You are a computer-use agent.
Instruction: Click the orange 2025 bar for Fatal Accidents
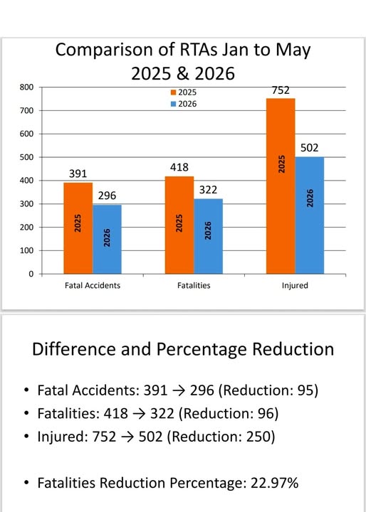click(x=78, y=228)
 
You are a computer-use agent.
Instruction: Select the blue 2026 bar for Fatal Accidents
click(x=107, y=239)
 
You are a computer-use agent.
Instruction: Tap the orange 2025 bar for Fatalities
click(x=179, y=225)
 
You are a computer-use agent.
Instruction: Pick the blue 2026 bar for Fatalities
click(x=208, y=236)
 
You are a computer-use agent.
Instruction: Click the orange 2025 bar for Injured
click(x=281, y=186)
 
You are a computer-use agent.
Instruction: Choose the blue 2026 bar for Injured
click(x=310, y=215)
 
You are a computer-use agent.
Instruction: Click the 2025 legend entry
click(x=184, y=92)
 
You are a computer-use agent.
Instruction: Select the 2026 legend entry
click(x=184, y=104)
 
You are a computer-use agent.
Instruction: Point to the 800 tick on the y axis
click(x=26, y=87)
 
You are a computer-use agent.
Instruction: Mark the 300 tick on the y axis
click(x=26, y=204)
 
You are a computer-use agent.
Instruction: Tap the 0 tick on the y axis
click(x=31, y=274)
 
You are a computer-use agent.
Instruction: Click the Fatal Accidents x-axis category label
click(x=93, y=285)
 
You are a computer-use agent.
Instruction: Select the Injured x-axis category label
click(x=295, y=285)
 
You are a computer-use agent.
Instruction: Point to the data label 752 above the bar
click(x=281, y=90)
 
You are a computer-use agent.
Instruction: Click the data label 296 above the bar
click(x=107, y=196)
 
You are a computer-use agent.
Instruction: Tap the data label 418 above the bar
click(x=179, y=167)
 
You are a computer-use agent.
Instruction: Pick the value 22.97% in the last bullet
click(x=274, y=483)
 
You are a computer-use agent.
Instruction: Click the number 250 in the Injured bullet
click(x=258, y=437)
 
